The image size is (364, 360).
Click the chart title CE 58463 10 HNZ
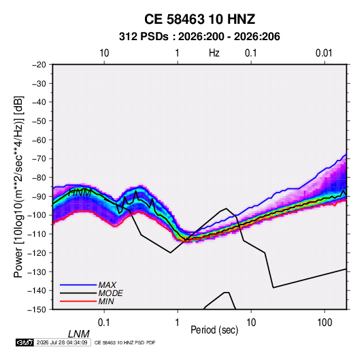tap(199, 19)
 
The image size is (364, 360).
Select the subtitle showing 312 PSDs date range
tap(199, 37)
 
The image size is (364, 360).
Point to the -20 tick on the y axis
tap(39, 65)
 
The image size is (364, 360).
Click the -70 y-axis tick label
tap(39, 159)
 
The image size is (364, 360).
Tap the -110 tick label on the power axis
tap(37, 234)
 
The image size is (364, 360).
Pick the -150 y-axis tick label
tap(37, 310)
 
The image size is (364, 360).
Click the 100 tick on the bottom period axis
tap(325, 323)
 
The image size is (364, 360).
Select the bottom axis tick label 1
tap(178, 323)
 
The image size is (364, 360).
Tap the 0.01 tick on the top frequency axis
tap(324, 53)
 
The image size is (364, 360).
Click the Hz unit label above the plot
tap(214, 53)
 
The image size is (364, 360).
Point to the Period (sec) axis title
tap(214, 330)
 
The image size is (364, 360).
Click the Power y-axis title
tap(18, 186)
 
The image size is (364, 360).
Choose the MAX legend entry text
tap(107, 284)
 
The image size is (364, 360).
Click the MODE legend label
tap(110, 293)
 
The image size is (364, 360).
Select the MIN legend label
tap(106, 301)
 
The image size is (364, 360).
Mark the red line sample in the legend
tap(78, 301)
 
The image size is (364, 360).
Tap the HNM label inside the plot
tap(80, 193)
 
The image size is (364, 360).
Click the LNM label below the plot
tap(79, 334)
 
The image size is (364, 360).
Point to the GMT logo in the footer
tap(25, 342)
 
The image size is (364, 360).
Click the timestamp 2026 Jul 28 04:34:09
tap(62, 342)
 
